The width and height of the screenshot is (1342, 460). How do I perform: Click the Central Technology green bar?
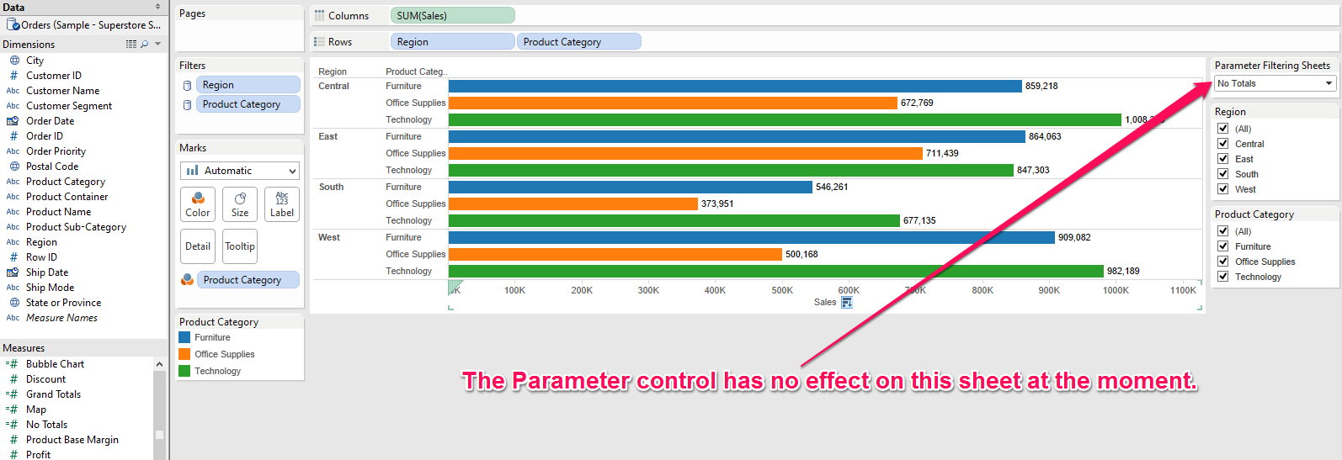coord(784,119)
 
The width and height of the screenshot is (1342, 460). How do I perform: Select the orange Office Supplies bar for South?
coord(573,204)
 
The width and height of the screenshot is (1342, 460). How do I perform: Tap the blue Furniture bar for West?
coord(751,237)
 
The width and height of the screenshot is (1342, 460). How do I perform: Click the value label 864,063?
coord(1045,136)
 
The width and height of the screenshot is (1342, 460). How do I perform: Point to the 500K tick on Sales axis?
coord(782,290)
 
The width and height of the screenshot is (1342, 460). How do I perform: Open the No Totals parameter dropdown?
coord(1275,84)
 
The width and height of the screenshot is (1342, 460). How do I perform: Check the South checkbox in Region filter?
coord(1222,174)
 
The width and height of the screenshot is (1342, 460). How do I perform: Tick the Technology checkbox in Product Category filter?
coord(1222,277)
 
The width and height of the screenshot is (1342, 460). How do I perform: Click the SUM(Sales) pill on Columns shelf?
coord(452,15)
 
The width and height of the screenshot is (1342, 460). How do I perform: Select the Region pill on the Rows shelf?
coord(452,42)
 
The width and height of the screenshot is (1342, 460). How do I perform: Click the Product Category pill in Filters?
coord(248,104)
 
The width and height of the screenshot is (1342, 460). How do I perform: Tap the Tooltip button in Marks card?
coord(240,246)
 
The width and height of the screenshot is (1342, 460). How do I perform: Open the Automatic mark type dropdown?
coord(240,171)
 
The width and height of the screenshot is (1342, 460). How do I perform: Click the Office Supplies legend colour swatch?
coord(184,354)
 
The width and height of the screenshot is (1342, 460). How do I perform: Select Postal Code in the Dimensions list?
coord(52,167)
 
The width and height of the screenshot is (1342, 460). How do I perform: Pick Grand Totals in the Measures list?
coord(53,394)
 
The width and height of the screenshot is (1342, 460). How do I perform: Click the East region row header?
coord(328,136)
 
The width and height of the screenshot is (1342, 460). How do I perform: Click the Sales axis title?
coord(824,302)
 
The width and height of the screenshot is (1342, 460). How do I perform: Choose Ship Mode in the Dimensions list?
coord(50,288)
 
